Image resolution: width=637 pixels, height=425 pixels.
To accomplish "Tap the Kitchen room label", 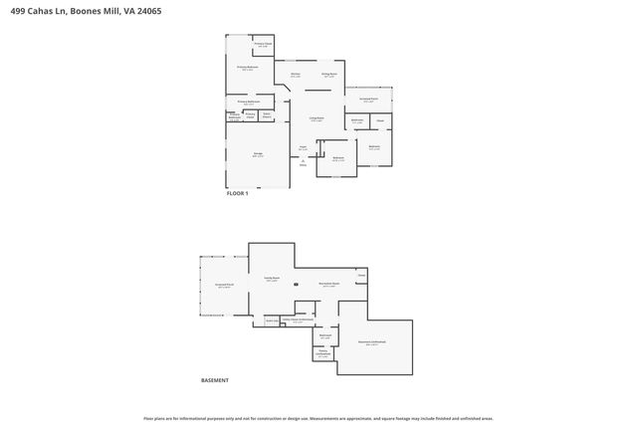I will coord(296,76).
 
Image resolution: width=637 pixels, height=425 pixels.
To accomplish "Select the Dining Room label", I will coord(328,76).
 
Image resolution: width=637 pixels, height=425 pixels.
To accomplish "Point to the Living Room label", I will coord(316,118).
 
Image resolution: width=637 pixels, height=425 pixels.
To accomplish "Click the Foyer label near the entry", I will coord(303,148).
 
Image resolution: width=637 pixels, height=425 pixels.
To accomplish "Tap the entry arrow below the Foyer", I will coord(303,164).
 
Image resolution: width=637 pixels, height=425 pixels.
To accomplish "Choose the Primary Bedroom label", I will coord(248,68).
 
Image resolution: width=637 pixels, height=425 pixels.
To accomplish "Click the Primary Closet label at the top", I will coord(263,45).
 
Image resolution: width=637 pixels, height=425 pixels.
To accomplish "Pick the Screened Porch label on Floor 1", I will coord(368,100).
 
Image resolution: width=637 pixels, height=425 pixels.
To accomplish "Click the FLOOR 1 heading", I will coord(238,193).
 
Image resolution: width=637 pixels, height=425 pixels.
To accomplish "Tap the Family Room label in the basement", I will coord(271,280).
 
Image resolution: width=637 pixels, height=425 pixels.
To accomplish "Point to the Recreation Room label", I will coord(328,285).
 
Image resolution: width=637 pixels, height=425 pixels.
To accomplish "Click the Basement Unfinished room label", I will coord(372,343).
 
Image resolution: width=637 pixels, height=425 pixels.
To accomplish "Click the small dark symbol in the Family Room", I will coord(295,285).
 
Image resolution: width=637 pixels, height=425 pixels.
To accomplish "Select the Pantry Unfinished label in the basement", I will coord(323,352).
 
